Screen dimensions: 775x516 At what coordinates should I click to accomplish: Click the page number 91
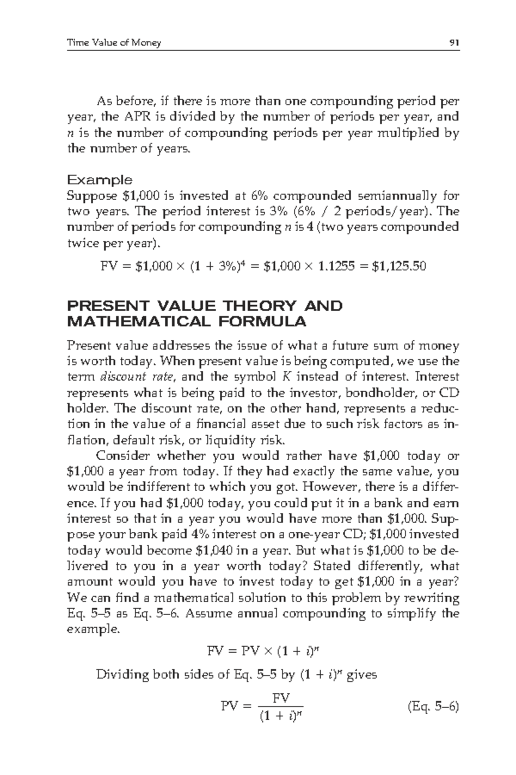pyautogui.click(x=454, y=43)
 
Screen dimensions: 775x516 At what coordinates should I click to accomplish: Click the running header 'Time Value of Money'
pyautogui.click(x=114, y=43)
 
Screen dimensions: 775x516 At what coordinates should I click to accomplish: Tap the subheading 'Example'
pyautogui.click(x=99, y=180)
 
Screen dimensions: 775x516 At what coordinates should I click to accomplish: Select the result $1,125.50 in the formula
pyautogui.click(x=399, y=267)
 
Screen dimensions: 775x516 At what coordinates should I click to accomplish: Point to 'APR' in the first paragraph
pyautogui.click(x=138, y=117)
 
